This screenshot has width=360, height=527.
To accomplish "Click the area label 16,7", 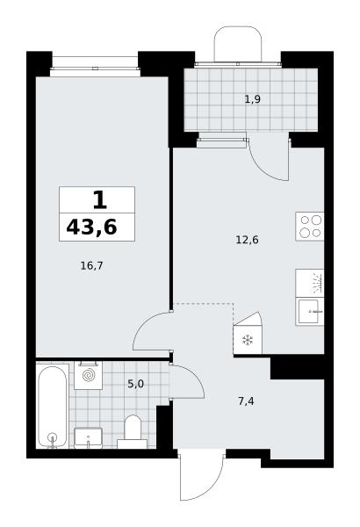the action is (92, 266).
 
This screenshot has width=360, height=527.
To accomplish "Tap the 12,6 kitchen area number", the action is (247, 240).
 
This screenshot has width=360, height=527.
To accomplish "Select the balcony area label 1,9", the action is (252, 99).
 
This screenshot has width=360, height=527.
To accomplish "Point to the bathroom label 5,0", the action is (135, 384).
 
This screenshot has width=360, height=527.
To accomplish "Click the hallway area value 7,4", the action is (246, 401).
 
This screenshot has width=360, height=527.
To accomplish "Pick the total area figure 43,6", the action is (92, 227).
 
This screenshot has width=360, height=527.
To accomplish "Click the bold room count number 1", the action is (100, 200).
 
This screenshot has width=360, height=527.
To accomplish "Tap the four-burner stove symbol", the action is (310, 227).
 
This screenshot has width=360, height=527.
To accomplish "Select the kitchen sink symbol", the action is (310, 312).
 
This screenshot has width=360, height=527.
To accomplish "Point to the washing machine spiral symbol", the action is (89, 375).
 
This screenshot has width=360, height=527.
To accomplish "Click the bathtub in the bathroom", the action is (52, 407).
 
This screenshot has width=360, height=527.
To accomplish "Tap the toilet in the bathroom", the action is (132, 432).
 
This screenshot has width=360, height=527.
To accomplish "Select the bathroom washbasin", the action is (88, 438).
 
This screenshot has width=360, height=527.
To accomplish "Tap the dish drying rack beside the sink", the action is (310, 283).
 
